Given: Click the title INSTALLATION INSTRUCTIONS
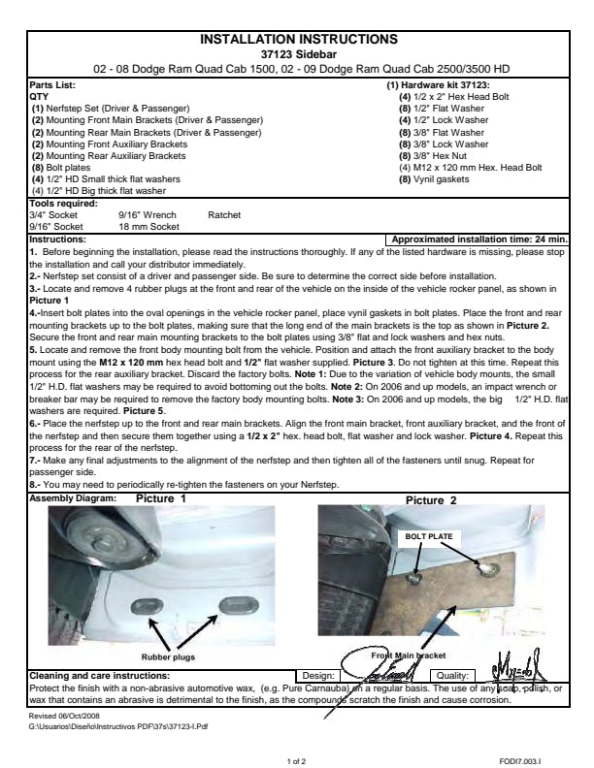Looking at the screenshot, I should click(x=298, y=40).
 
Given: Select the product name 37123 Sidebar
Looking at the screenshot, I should click(x=298, y=54).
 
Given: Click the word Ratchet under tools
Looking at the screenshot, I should click(x=224, y=215).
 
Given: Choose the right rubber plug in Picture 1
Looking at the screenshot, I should click(x=237, y=607).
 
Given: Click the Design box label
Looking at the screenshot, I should click(x=317, y=675).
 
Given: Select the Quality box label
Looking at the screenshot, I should click(x=453, y=675).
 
